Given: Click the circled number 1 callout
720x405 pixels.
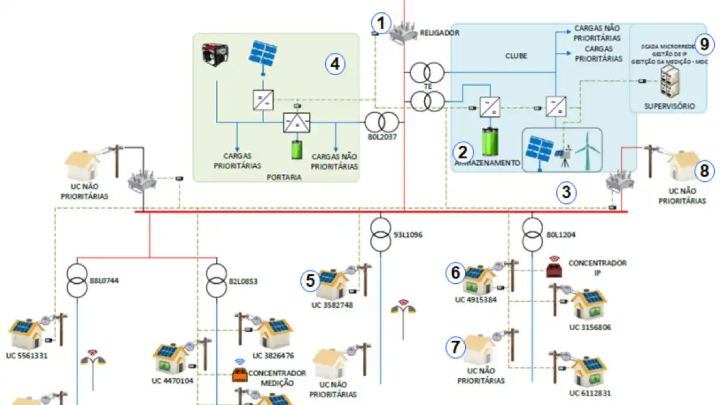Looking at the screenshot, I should (x=380, y=23).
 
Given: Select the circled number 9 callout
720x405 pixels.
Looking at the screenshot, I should (x=704, y=43).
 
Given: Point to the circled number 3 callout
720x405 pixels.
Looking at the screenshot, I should (x=566, y=192).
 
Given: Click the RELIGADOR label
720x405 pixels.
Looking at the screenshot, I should (x=440, y=33).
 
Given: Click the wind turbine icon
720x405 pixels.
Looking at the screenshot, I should (x=587, y=150).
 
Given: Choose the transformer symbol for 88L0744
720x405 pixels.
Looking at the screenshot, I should (x=77, y=280).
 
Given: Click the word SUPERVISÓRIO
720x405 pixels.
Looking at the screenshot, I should (x=669, y=106).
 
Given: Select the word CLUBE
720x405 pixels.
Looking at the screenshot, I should (x=516, y=56).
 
